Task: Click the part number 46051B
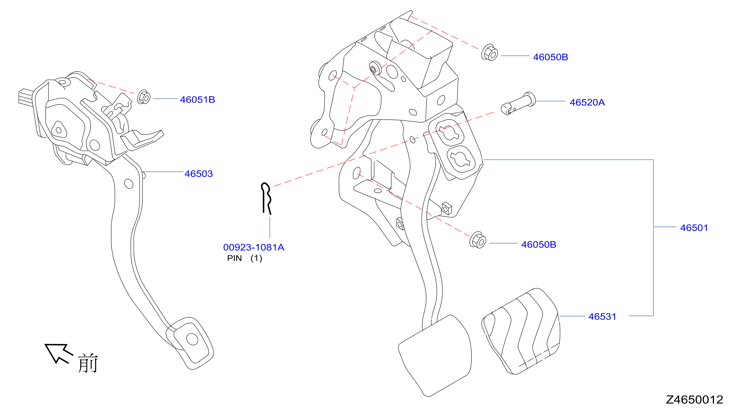tap(197, 100)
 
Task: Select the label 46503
tap(198, 174)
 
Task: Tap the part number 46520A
tap(587, 102)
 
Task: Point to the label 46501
tap(694, 228)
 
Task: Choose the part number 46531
tap(602, 316)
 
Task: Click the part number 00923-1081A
tap(254, 247)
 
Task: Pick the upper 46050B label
tap(550, 57)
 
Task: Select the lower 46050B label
tap(538, 244)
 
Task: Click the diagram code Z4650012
tap(695, 399)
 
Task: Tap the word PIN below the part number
tap(234, 258)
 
